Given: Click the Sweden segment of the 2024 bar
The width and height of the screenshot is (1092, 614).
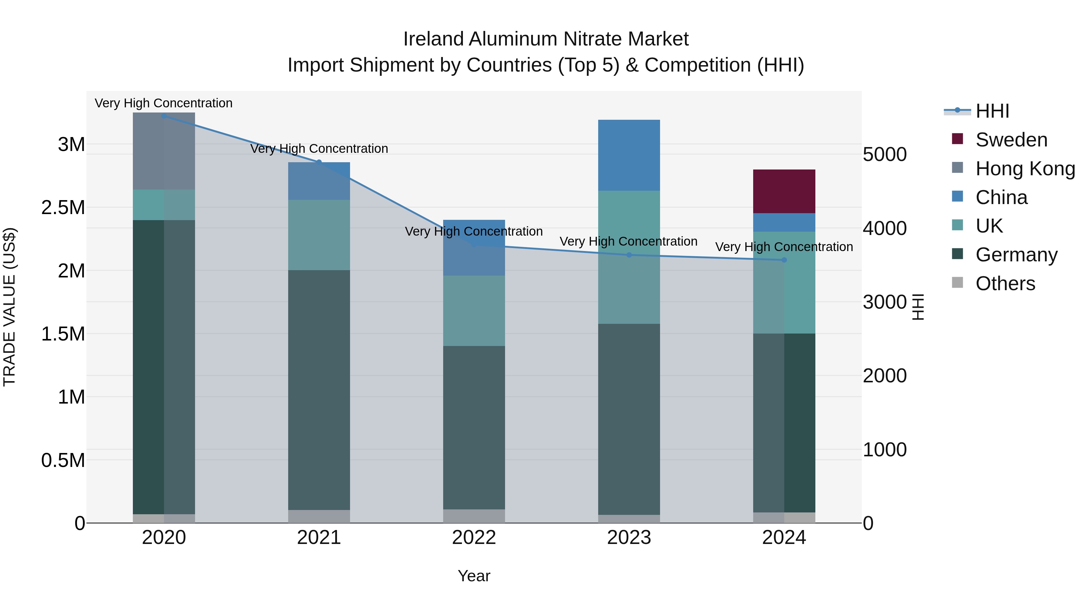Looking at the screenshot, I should tap(784, 191).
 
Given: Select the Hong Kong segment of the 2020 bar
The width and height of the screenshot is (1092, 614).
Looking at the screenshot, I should tap(163, 151).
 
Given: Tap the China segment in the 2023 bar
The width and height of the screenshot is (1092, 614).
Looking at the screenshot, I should tap(629, 155).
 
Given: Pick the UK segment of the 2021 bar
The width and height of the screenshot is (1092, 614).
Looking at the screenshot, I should tap(319, 235).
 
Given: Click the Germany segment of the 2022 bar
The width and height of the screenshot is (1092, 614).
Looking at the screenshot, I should tap(474, 427).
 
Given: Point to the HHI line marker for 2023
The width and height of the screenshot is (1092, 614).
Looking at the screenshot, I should tap(629, 255).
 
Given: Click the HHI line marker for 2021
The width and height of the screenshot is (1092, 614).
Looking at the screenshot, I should tap(319, 162).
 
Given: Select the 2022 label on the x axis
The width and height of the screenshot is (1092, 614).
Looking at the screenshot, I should tap(474, 538).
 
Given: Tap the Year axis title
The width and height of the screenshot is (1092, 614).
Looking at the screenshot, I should tap(474, 576).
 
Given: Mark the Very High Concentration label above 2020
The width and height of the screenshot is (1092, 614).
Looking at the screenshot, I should tap(163, 103).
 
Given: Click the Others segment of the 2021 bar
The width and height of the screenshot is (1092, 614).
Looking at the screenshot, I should tap(319, 516).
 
